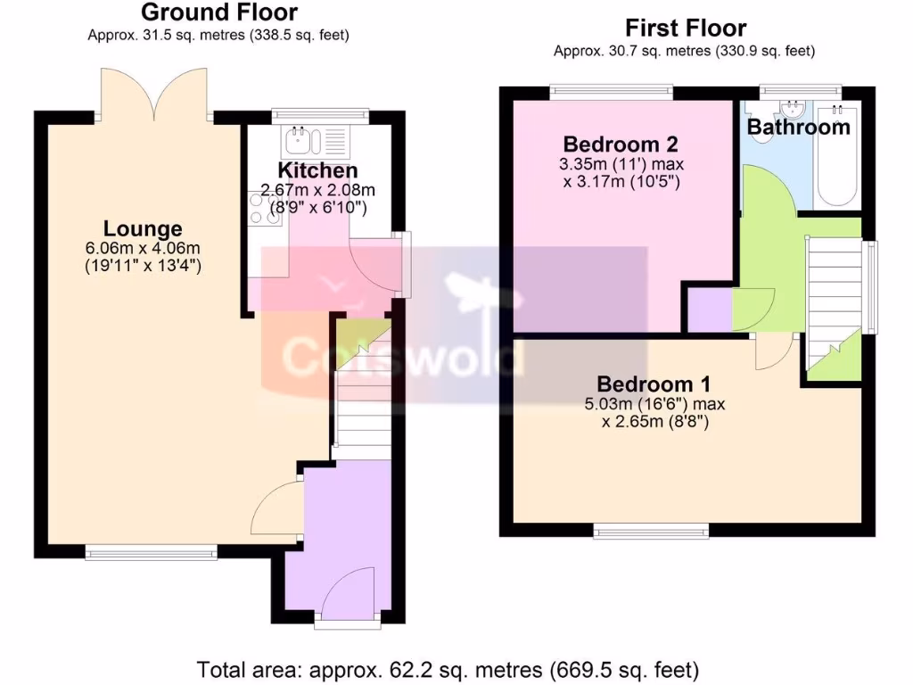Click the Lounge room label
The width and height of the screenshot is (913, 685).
(142, 228)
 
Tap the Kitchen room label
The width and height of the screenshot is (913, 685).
(318, 170)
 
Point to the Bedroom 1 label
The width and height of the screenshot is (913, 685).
(654, 384)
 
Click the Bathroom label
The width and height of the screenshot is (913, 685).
(798, 128)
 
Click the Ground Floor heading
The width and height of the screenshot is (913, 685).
(218, 12)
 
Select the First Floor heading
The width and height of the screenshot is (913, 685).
(685, 28)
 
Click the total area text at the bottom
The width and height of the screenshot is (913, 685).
(448, 668)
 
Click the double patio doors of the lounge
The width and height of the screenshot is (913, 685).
(156, 94)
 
